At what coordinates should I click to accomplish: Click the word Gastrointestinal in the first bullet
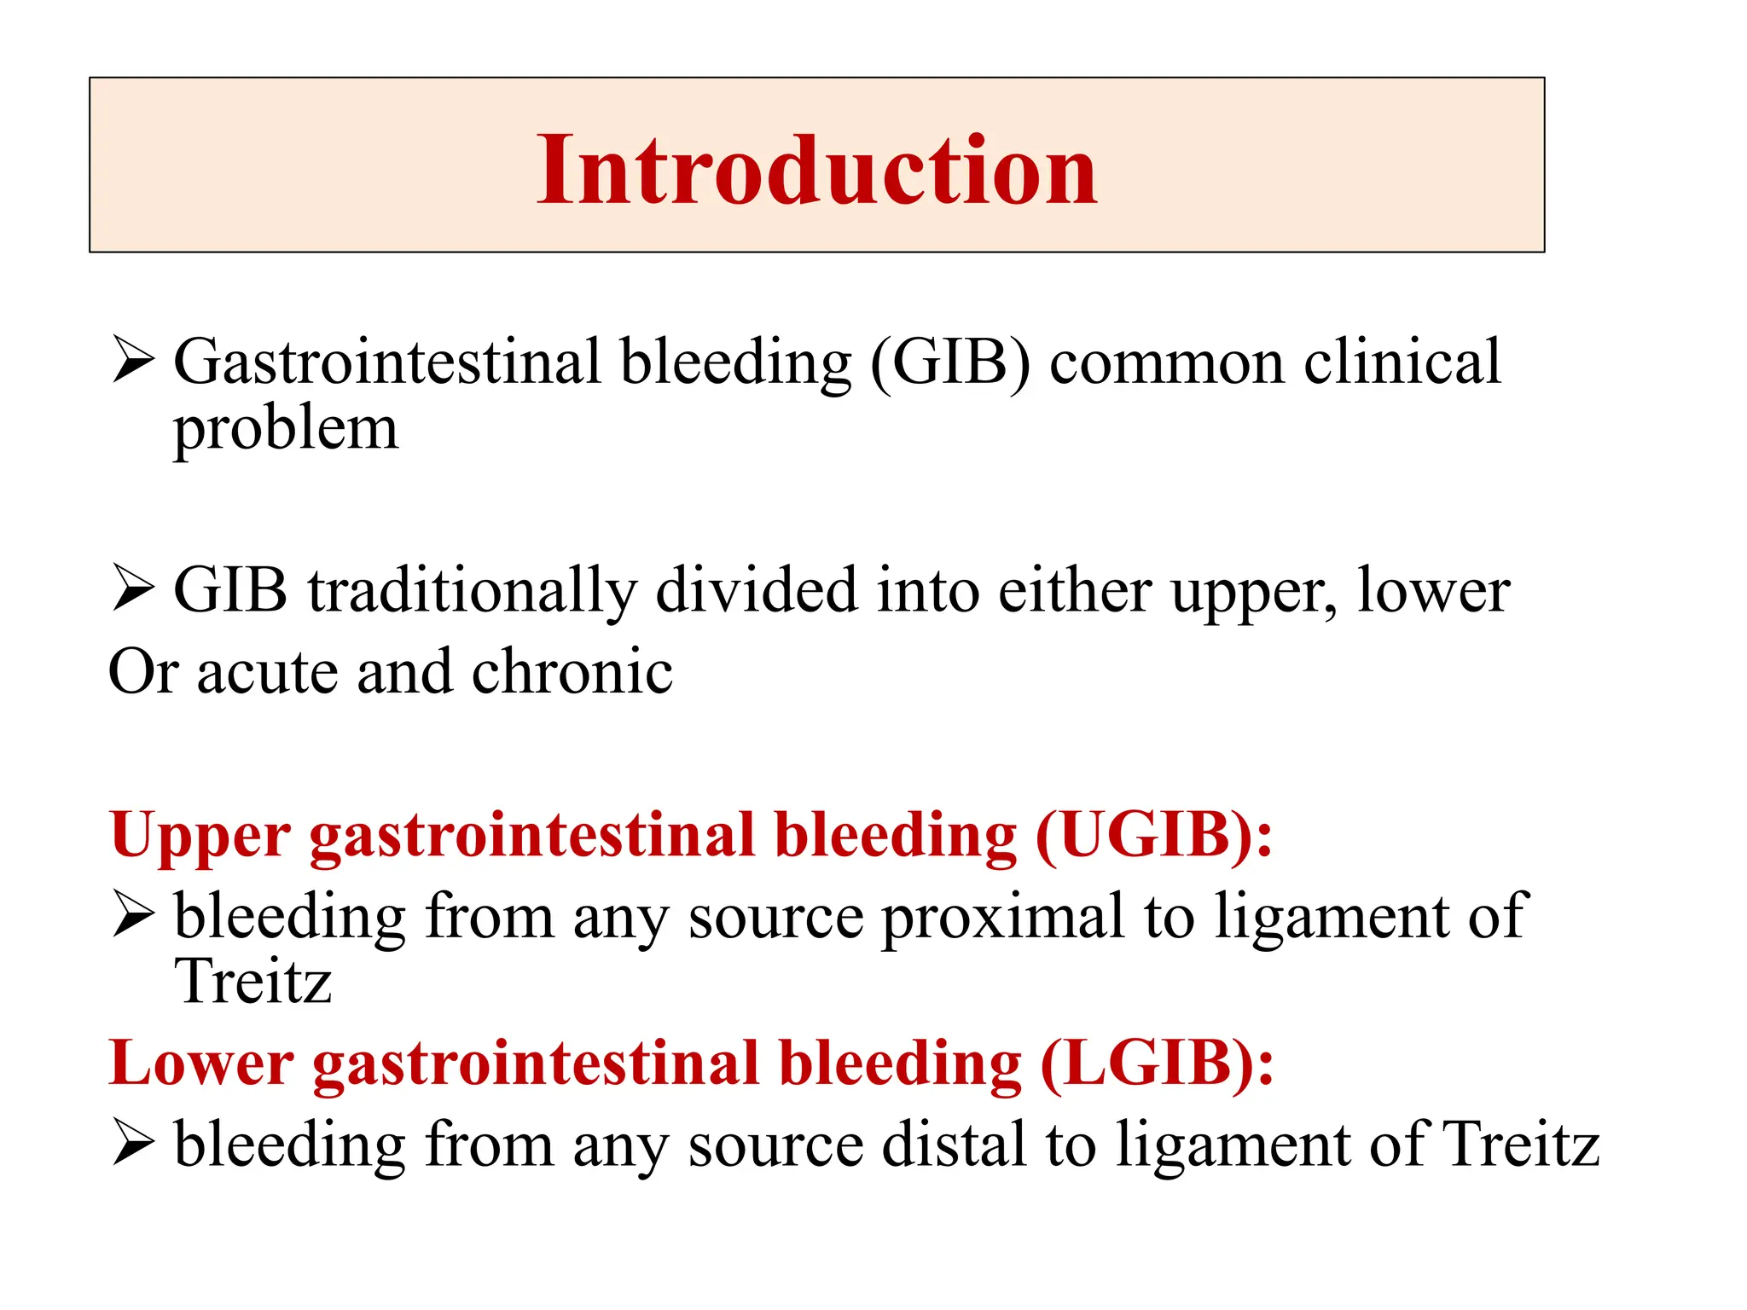387,362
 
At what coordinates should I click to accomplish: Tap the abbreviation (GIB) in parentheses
950,362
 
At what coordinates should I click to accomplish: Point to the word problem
286,429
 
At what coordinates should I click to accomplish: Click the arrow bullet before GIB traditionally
133,589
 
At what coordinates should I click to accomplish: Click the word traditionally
472,591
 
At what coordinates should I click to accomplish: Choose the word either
1075,591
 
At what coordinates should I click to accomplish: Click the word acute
267,672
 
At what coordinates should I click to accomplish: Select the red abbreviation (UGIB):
1153,835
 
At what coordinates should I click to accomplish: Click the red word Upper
200,837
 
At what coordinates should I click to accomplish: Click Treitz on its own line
252,982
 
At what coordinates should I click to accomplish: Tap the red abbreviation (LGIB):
1157,1064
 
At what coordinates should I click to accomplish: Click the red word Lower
202,1064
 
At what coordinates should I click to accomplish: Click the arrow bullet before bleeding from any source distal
133,1144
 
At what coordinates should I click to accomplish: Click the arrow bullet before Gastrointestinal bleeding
133,362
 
